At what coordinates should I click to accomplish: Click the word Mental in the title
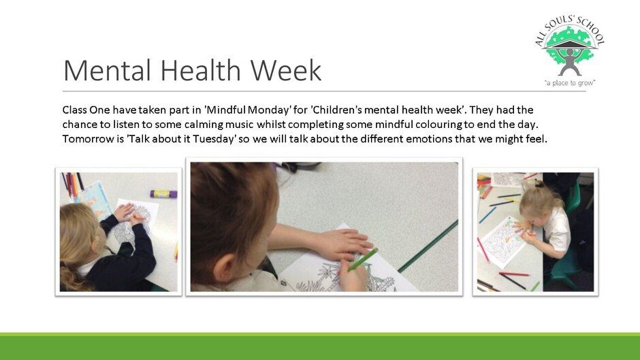(108, 71)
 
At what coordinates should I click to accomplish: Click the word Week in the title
(286, 71)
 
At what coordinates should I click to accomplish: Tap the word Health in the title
(200, 71)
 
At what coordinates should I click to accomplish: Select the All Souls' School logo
(569, 51)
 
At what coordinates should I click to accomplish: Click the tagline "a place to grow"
(569, 83)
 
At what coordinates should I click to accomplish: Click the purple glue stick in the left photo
(163, 193)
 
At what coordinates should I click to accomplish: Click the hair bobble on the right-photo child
(540, 184)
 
